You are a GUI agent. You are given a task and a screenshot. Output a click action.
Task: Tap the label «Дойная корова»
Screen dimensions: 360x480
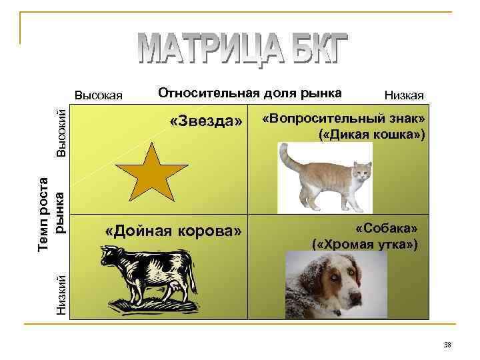coord(173,231)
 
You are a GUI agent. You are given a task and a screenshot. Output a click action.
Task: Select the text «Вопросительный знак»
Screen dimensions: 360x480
coord(343,119)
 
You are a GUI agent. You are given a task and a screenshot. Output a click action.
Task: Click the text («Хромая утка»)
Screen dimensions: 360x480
coord(365,244)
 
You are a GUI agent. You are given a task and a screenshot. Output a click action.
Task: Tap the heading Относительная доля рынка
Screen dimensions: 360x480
coord(249,93)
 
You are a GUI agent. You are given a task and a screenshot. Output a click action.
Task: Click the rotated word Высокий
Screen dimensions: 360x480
coord(61,132)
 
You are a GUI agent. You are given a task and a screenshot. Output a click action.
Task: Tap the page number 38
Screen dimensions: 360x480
coord(447,345)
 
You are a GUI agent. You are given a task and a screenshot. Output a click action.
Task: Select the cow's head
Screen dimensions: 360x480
coord(107,257)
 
